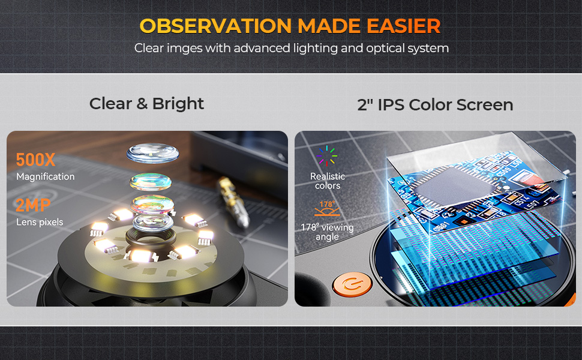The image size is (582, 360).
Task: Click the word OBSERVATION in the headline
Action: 215,26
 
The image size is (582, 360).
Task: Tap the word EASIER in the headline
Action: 403,26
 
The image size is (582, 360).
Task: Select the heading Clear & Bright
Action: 146,104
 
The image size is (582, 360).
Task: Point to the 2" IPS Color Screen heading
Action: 435,104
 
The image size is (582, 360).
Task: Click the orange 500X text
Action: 35,160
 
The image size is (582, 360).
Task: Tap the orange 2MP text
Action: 33,205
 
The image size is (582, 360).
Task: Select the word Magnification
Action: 45,176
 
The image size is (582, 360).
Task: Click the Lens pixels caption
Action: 40,223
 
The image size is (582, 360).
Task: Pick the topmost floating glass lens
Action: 152,152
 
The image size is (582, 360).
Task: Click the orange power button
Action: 352,284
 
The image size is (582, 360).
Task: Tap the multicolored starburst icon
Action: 327,155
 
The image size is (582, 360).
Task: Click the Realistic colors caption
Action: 328,181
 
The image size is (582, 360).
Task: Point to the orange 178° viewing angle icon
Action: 327,209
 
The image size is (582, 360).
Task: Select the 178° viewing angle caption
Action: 327,232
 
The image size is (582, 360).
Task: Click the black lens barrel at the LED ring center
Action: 151,237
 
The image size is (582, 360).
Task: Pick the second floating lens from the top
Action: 151,181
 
